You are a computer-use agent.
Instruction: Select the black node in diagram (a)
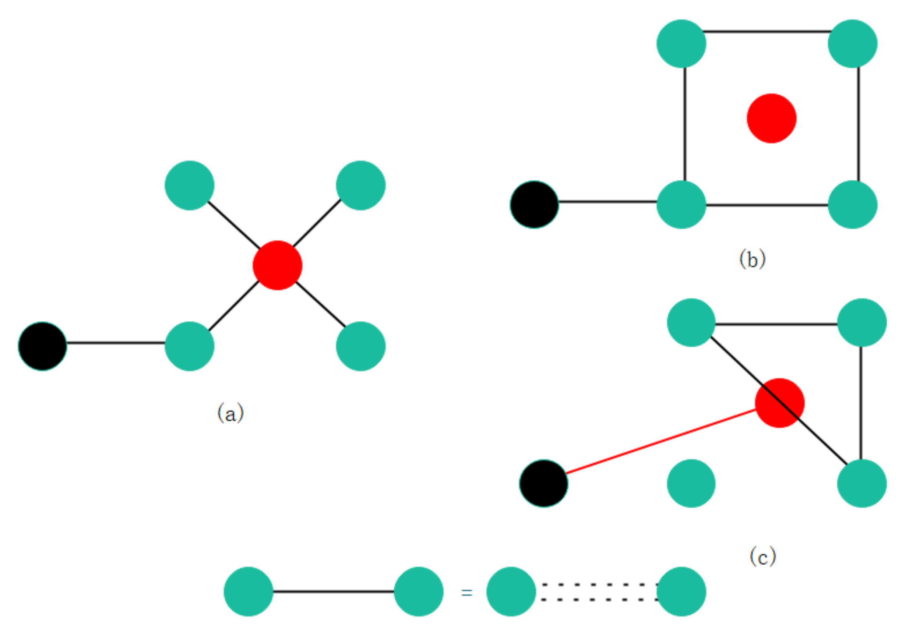click(x=42, y=346)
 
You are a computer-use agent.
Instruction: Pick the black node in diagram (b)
click(x=534, y=204)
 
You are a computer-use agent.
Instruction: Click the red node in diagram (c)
click(x=779, y=403)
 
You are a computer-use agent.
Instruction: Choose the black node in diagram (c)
click(x=543, y=483)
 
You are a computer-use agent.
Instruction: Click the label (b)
click(x=752, y=259)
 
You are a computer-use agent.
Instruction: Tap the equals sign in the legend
click(x=466, y=593)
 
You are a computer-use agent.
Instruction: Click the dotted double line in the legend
click(x=598, y=592)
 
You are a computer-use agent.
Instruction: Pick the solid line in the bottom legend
click(x=333, y=591)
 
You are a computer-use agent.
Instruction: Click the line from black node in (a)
click(x=116, y=342)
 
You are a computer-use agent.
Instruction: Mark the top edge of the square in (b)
click(x=767, y=31)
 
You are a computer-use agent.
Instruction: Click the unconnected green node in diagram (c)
click(x=691, y=483)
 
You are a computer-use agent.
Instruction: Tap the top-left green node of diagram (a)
click(x=189, y=185)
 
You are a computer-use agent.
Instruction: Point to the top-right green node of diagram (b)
click(x=852, y=43)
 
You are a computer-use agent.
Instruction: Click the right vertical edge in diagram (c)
click(x=861, y=403)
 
